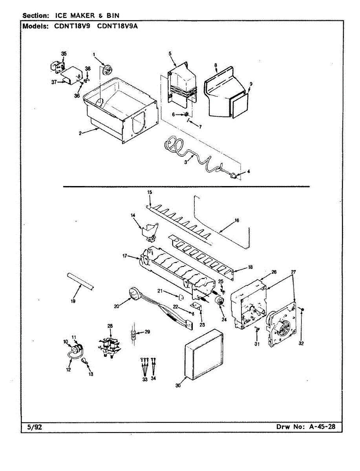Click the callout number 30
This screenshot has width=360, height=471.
[178, 385]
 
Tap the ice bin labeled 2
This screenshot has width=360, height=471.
[118, 110]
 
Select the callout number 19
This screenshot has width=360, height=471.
[73, 301]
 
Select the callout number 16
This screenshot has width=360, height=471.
[237, 221]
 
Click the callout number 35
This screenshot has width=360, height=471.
[64, 53]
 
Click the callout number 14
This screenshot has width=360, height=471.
[133, 215]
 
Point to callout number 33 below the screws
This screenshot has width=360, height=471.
[144, 380]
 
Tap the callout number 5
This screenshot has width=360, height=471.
[170, 53]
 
